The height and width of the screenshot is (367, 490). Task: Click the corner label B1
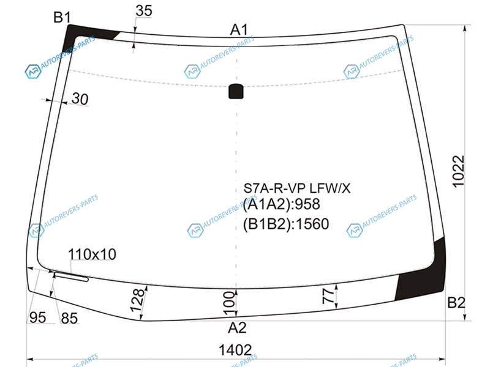tap(62, 17)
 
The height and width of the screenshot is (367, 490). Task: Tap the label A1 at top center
tap(239, 29)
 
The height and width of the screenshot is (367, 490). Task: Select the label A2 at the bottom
tap(237, 328)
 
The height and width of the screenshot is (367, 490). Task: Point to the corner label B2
tap(456, 302)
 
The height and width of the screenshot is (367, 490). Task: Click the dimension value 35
tap(144, 10)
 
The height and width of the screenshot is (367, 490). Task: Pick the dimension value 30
tap(80, 99)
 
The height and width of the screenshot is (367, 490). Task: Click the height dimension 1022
tap(458, 171)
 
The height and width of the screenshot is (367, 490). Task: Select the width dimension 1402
tap(235, 350)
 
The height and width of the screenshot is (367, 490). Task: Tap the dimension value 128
tap(137, 300)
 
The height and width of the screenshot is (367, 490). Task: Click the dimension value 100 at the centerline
tap(229, 300)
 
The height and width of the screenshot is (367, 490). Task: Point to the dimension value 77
tap(328, 296)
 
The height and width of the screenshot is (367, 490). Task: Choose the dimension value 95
tap(37, 317)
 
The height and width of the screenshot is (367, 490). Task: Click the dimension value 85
tap(69, 318)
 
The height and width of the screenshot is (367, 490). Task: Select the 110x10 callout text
tap(92, 254)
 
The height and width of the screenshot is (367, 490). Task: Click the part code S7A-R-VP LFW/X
tap(297, 188)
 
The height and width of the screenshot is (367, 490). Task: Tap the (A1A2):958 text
tap(282, 204)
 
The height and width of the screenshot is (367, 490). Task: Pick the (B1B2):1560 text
tap(286, 224)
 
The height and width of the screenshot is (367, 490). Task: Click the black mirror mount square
tap(236, 91)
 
